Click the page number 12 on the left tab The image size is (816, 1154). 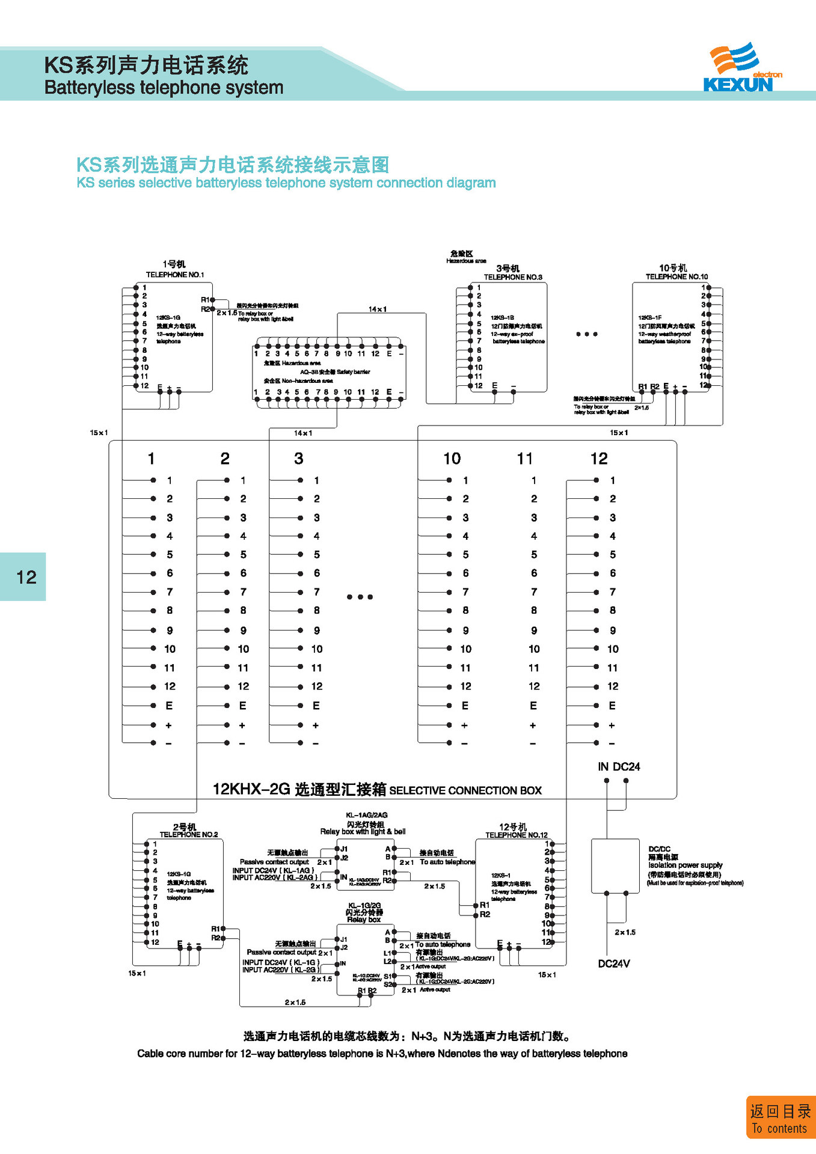tap(26, 577)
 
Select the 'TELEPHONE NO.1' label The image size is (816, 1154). tap(175, 275)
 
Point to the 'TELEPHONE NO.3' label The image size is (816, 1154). tap(513, 277)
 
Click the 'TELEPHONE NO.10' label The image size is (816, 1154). tap(676, 276)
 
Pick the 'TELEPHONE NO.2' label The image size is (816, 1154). tap(189, 834)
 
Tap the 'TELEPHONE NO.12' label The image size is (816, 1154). tap(517, 835)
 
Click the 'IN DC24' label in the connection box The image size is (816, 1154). tap(619, 767)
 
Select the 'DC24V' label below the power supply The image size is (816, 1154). tap(614, 963)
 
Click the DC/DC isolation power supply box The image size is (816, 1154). tap(615, 865)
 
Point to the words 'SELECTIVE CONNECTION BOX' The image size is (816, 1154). tap(465, 790)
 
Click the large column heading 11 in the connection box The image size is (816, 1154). tap(525, 459)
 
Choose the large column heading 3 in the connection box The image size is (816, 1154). tap(299, 459)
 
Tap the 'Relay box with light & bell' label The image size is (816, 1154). tap(363, 832)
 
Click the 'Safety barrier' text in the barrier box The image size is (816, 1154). tap(353, 372)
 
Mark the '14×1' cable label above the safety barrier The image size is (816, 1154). tap(378, 309)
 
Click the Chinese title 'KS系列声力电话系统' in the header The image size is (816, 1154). tap(146, 65)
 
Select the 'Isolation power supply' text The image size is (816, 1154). tap(685, 865)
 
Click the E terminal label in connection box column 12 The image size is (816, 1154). tap(612, 706)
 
